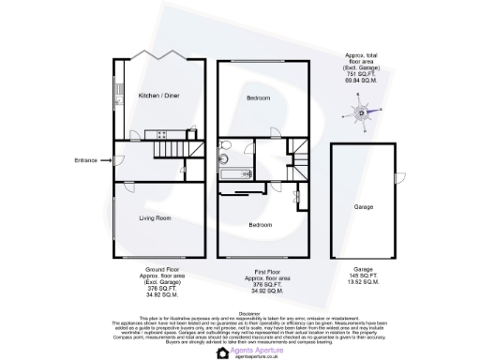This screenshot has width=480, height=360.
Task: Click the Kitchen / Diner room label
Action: click(x=157, y=96)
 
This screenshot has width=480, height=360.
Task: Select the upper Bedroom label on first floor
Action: click(x=259, y=98)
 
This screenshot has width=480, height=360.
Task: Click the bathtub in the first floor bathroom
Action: click(x=235, y=173)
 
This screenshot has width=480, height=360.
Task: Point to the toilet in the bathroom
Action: click(x=226, y=146)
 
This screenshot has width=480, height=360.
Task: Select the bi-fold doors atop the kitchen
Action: click(x=157, y=54)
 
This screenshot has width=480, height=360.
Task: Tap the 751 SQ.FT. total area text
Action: click(x=360, y=77)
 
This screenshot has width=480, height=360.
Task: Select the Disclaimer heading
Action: click(x=248, y=313)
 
